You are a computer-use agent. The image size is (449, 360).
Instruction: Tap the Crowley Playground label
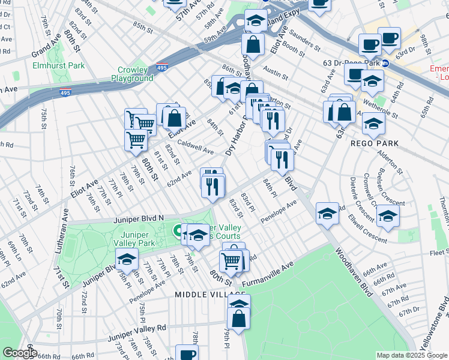coord(132,74)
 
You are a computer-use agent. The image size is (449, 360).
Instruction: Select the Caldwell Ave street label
coord(196,147)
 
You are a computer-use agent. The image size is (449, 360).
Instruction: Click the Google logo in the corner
coord(19,352)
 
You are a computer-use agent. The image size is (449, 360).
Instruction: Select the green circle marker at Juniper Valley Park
coord(178,230)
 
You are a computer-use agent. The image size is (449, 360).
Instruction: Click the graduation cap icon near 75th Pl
coord(127,259)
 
